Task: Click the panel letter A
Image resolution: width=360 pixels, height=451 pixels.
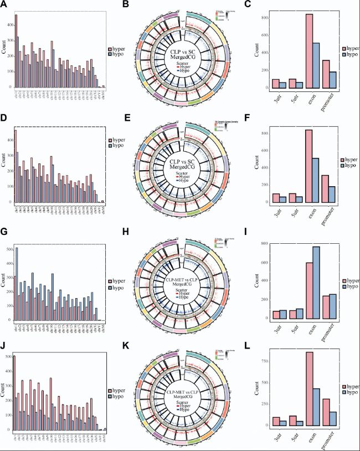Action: click(x=4, y=5)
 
